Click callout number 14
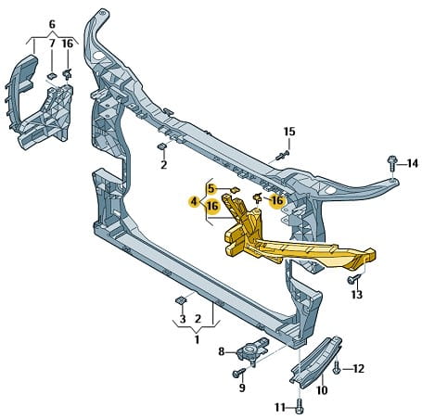(x=412, y=163)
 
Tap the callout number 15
(x=289, y=132)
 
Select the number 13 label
(x=356, y=295)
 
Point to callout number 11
(x=280, y=408)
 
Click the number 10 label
(x=322, y=390)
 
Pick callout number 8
(x=222, y=351)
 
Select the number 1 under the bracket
(x=197, y=339)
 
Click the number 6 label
(x=52, y=24)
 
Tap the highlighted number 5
(x=211, y=188)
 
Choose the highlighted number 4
(x=194, y=202)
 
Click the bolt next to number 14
(x=391, y=163)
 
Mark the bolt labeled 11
(x=299, y=406)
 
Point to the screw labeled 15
(x=282, y=155)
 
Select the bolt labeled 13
(x=354, y=279)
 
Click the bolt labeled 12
(x=337, y=367)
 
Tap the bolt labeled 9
(x=238, y=373)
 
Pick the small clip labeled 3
(x=181, y=299)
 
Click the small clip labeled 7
(x=52, y=76)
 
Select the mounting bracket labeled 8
(x=252, y=350)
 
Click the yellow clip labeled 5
(x=236, y=189)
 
